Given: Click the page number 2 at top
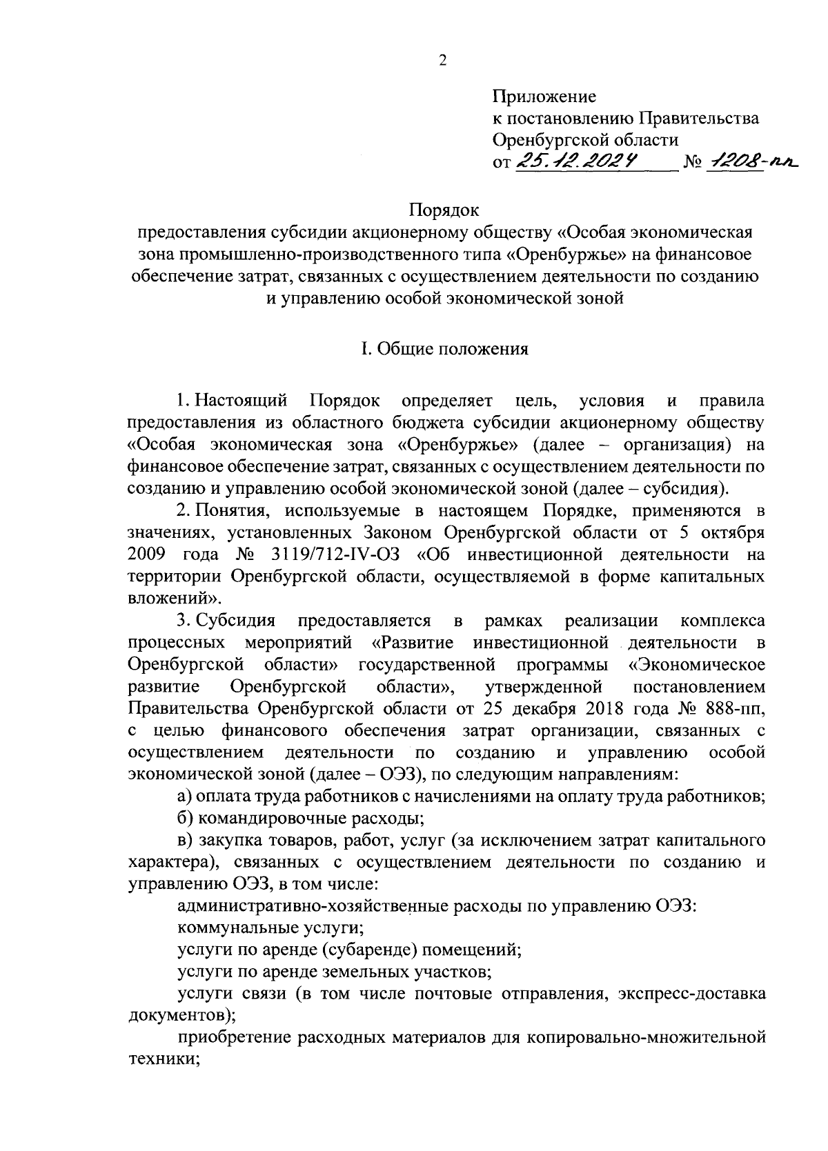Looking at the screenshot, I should pos(442,61).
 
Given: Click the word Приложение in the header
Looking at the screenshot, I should pos(544,96).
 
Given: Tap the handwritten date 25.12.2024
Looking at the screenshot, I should pos(576,161).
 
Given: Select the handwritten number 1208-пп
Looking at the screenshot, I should pos(753,161).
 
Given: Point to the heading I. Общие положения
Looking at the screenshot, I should pos(445,350).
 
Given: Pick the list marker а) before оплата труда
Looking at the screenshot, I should pos(185,797).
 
